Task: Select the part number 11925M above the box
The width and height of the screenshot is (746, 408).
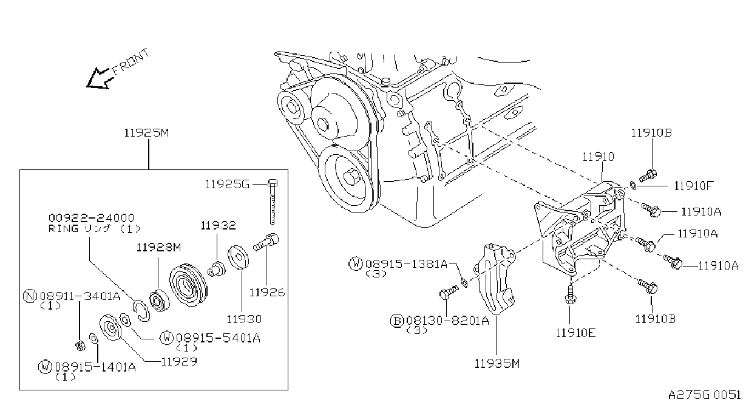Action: click(146, 133)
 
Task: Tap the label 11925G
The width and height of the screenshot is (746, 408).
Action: click(227, 184)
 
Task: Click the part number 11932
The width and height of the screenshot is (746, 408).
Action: click(218, 226)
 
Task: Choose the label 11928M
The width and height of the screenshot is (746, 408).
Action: click(158, 248)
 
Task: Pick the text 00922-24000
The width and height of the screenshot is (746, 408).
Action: click(91, 218)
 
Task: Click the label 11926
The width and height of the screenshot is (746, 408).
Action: click(267, 293)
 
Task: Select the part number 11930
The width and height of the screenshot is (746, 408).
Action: click(244, 319)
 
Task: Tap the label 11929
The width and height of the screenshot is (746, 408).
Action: click(179, 362)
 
